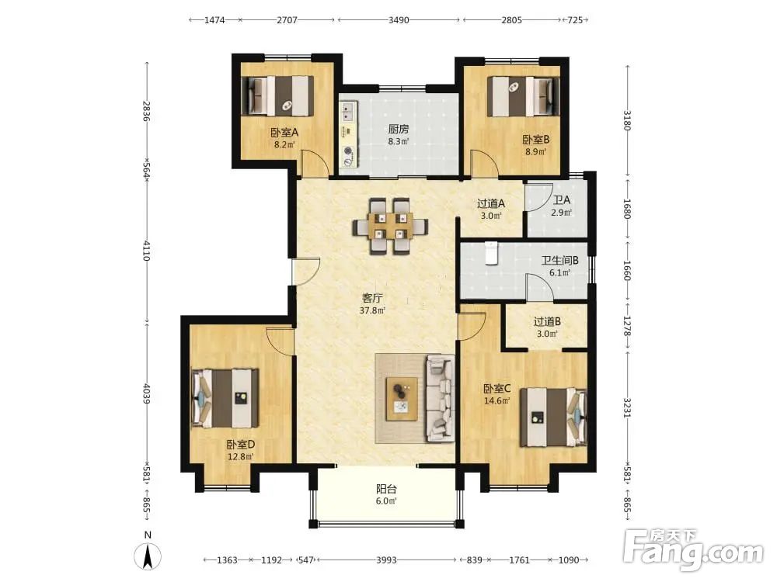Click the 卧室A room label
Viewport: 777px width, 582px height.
coord(284,133)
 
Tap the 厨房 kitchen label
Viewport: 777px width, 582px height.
coord(399,129)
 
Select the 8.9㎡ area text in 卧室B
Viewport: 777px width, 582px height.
coord(535,151)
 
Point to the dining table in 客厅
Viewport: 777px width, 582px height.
coord(391,226)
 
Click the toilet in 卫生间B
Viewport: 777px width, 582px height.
coord(491,253)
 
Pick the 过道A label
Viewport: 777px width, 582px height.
coord(491,203)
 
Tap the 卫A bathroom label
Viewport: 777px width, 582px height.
coord(562,200)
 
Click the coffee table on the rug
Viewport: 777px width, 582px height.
coord(402,399)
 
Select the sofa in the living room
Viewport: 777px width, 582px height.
coord(440,398)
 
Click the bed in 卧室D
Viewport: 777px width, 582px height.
coord(225,398)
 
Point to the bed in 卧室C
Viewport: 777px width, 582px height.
coord(553,417)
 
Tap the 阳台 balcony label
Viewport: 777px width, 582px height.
coord(386,489)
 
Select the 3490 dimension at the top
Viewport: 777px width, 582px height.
coord(399,20)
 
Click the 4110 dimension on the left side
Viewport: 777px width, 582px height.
coord(147,251)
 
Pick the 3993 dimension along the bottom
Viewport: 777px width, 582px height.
coord(386,560)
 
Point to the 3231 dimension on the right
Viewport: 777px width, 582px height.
coord(627,407)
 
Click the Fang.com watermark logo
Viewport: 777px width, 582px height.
coord(693,549)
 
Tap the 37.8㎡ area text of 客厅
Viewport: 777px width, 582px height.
coord(372,311)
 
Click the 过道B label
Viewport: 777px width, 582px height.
coord(547,322)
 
